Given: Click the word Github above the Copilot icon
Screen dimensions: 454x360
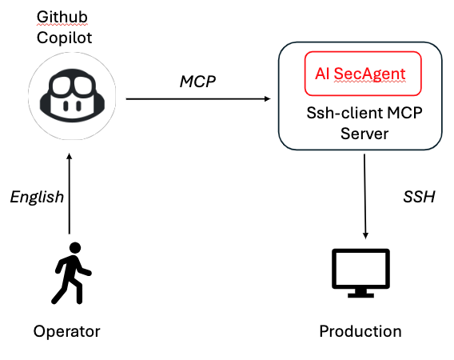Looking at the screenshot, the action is coord(62,17).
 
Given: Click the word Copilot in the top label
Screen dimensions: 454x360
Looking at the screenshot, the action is coord(64,38).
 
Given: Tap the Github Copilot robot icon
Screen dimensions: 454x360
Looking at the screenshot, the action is coord(72,97).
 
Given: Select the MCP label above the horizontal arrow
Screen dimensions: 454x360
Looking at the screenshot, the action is coord(197,82).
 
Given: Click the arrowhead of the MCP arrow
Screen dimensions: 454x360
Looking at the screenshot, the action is coord(267,99).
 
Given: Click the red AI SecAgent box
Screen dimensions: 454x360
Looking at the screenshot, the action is coord(363,74).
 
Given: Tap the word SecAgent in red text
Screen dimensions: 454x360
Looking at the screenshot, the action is coord(369,74).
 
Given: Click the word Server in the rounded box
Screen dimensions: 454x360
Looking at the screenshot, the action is coord(364,134).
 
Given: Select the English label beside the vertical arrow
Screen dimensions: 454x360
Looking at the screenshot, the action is coord(37,197).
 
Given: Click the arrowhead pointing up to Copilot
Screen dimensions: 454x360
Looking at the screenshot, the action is coord(70,157).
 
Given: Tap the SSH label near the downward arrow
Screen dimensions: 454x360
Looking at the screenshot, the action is coord(419,197).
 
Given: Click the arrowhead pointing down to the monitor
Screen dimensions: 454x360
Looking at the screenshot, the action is coord(365,236).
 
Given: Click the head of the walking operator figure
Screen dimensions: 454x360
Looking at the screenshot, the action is coord(75,248).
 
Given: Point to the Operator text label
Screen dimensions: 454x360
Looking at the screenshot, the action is coord(66,331).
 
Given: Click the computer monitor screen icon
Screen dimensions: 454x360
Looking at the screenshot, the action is coord(360,273).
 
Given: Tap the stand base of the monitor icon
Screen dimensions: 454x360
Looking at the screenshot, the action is coord(360,295).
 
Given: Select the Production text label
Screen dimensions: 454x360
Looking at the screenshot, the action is coord(360,331).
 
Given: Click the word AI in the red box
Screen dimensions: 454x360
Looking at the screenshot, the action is coord(322,74).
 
